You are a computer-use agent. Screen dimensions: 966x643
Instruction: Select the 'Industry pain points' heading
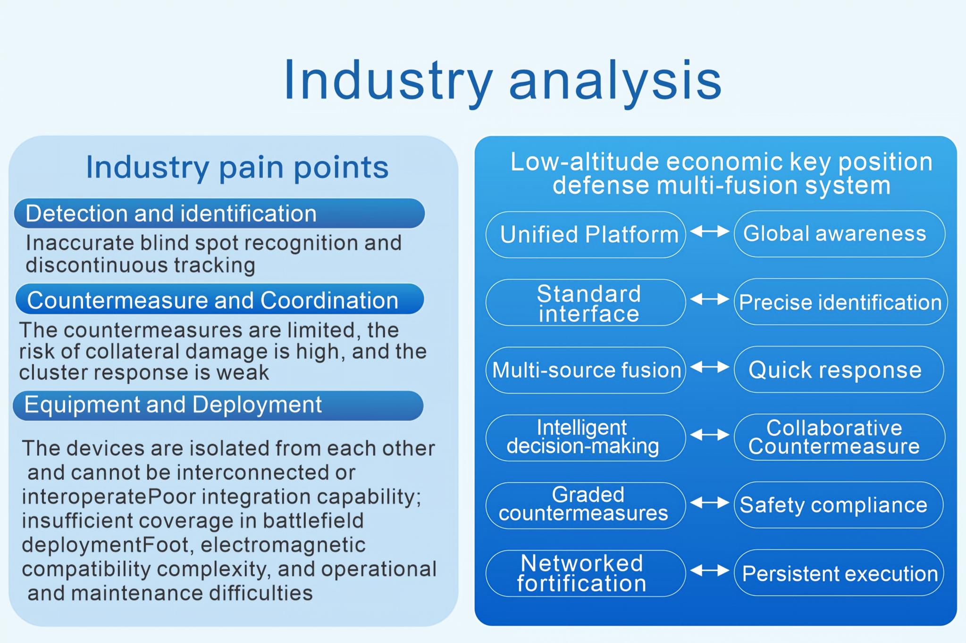coord(237,167)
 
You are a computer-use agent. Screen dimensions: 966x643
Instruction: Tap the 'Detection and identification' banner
coord(219,214)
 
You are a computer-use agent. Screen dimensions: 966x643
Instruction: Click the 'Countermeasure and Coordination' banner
coord(219,300)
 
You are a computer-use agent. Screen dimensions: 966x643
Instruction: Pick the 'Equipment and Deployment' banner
coord(218,405)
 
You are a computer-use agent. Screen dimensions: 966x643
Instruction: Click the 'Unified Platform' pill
coord(586,234)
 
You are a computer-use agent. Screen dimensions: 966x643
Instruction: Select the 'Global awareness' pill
coord(840,234)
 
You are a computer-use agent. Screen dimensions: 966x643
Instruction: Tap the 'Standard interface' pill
coord(586,303)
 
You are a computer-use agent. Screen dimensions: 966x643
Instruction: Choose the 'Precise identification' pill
coord(840,302)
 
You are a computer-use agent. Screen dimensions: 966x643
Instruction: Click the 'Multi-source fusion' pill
coord(586,370)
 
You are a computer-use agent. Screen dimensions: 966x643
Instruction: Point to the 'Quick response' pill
coord(839,370)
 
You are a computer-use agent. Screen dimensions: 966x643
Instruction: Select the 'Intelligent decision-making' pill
coord(586,438)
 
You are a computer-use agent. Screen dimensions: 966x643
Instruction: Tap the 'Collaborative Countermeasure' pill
coord(840,437)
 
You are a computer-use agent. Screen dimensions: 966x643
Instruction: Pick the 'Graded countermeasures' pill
coord(586,505)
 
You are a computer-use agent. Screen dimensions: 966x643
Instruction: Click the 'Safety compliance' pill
coord(839,505)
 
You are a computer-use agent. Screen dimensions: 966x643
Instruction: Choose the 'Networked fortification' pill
coord(586,573)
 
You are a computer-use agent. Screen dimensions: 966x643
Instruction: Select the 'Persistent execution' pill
coord(839,573)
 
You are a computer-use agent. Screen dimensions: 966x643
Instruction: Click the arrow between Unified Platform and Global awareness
coord(710,231)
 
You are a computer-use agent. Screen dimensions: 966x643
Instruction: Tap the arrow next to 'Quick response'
coord(710,367)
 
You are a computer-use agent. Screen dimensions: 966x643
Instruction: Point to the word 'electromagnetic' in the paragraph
coord(283,545)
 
